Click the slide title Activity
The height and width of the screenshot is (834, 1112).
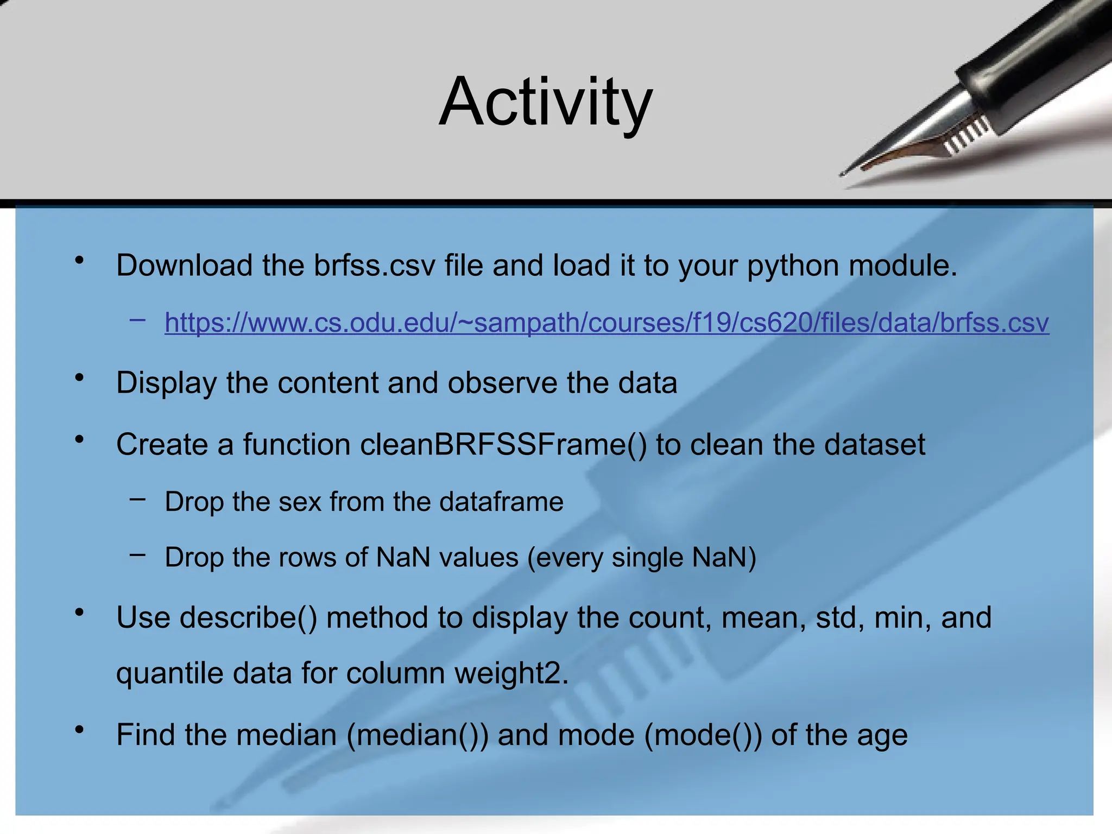pyautogui.click(x=545, y=102)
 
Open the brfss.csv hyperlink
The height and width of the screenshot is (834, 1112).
pyautogui.click(x=606, y=323)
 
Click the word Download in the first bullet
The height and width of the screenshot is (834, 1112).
pyautogui.click(x=184, y=266)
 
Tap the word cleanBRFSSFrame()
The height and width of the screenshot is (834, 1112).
pyautogui.click(x=503, y=445)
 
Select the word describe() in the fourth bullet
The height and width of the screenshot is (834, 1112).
pyautogui.click(x=248, y=618)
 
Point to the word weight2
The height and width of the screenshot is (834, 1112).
pyautogui.click(x=511, y=673)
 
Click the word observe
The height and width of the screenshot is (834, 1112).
pyautogui.click(x=502, y=383)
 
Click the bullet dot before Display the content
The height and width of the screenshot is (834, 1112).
pyautogui.click(x=80, y=377)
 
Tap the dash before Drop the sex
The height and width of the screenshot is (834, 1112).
pyautogui.click(x=137, y=498)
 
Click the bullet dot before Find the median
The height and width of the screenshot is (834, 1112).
pyautogui.click(x=80, y=729)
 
